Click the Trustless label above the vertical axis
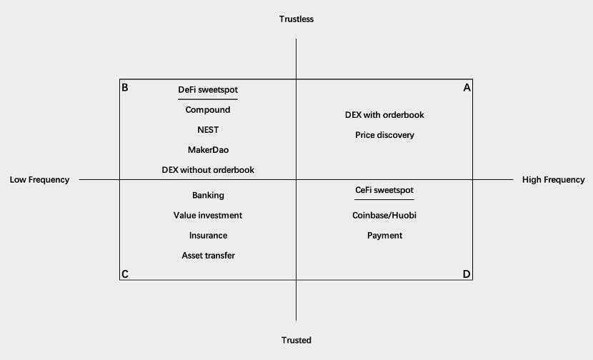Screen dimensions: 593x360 (296, 19)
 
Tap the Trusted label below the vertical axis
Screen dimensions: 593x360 (296, 340)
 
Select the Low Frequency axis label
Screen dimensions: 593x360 (39, 179)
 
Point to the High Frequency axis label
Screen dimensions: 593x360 (553, 179)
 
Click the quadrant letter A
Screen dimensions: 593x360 (467, 88)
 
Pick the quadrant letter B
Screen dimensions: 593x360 (125, 88)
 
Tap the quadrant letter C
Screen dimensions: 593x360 (125, 274)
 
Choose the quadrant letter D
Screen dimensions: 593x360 (467, 274)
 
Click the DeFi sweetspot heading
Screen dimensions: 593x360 (208, 90)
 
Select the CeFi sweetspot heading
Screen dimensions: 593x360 (384, 190)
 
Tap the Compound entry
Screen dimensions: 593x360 (208, 110)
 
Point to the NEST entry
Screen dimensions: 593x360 (208, 130)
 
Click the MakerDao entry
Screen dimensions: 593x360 (208, 150)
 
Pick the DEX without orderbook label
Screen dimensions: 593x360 (208, 170)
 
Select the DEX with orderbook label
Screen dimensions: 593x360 (384, 115)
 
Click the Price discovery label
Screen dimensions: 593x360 (384, 135)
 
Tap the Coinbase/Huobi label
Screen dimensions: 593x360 (384, 215)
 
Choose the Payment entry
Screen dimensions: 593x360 (384, 236)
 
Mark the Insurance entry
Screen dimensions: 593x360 (209, 235)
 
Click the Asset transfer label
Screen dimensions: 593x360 (209, 255)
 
